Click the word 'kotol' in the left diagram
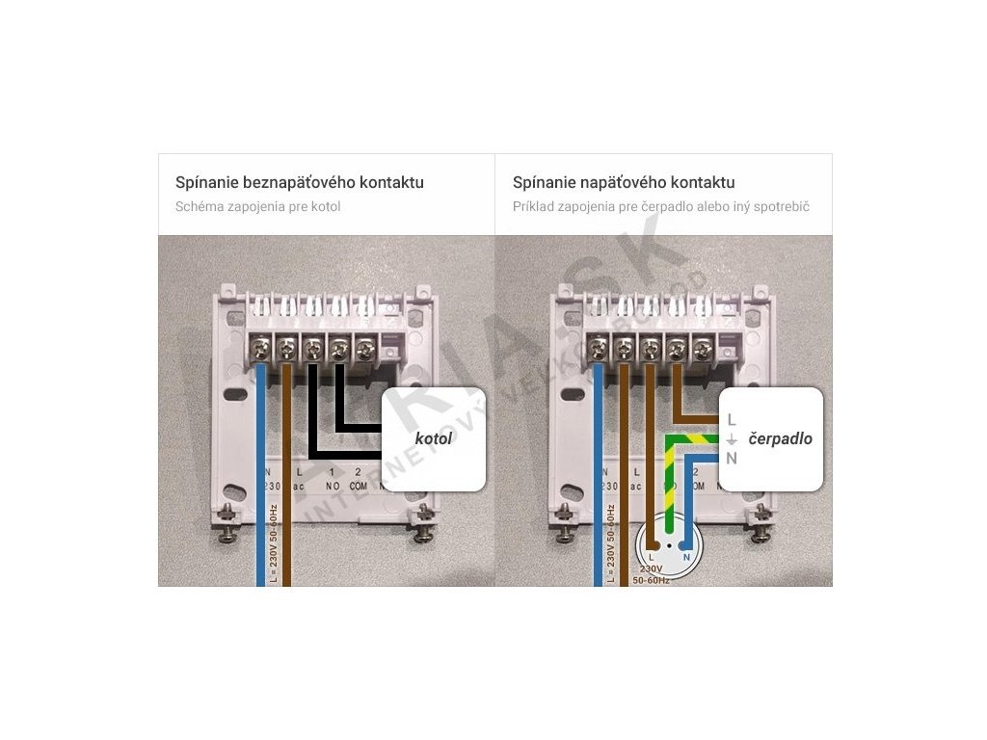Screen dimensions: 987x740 click(x=433, y=439)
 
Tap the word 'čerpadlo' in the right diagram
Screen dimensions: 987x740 click(x=780, y=438)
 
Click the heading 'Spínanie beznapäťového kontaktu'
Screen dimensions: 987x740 click(x=299, y=182)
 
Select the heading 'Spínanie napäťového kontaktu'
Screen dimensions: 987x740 click(x=624, y=182)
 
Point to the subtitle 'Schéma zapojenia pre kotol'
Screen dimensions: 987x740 click(x=257, y=206)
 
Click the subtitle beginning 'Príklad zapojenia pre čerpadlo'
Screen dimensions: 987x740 click(x=660, y=206)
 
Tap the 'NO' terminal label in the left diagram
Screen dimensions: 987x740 click(x=333, y=487)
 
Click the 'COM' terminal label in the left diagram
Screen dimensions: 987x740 click(x=359, y=487)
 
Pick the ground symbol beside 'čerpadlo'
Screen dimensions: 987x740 click(x=732, y=439)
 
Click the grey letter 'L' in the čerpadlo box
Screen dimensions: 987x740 click(x=732, y=420)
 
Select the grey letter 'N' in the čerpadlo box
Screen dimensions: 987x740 click(x=732, y=459)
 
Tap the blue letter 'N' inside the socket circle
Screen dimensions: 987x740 click(x=685, y=557)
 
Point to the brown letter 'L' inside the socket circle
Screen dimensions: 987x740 click(x=653, y=557)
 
